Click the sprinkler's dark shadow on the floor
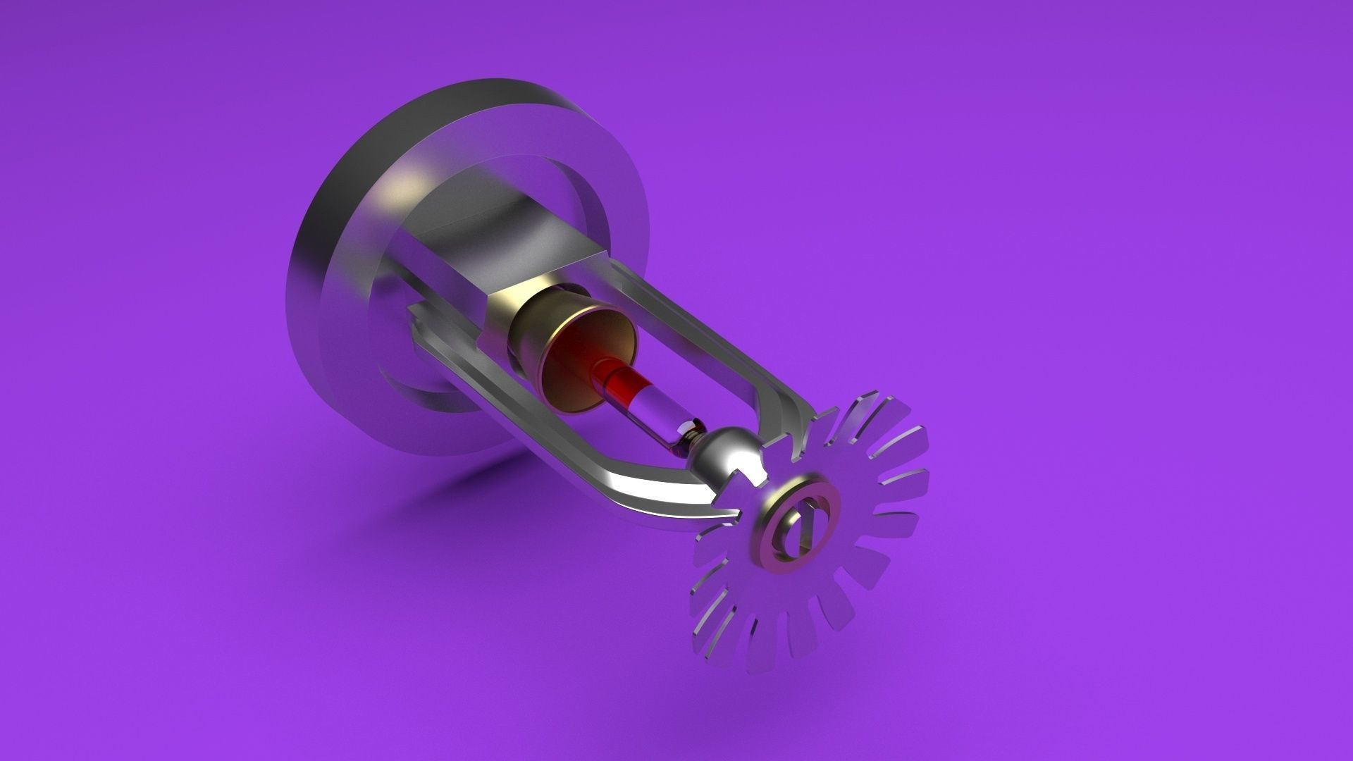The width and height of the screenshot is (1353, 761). [x=451, y=493]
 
